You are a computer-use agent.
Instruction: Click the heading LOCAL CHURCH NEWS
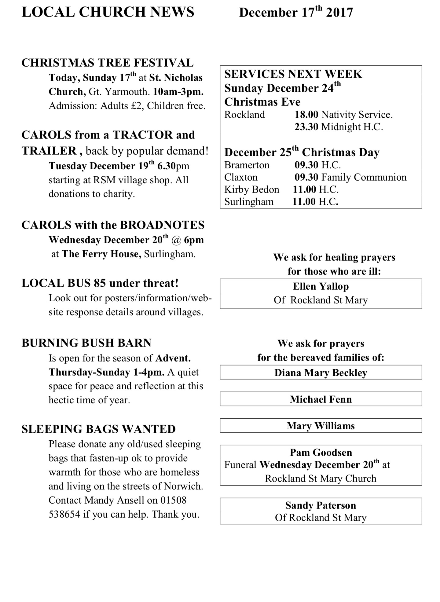pos(108,12)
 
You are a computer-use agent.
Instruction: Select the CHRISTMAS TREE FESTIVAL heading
pos(108,63)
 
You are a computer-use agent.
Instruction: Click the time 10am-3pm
pos(178,92)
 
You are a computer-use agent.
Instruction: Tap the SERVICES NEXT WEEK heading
pos(293,74)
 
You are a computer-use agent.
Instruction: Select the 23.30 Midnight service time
pos(306,127)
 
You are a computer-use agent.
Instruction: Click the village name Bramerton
pos(247,165)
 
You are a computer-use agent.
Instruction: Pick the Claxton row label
pos(241,177)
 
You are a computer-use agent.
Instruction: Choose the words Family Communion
pos(364,177)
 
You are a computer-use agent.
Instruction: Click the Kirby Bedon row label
pos(251,189)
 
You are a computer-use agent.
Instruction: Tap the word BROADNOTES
pos(162,225)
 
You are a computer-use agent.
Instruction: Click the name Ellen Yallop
pos(321,286)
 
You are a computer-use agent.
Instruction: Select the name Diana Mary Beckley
pos(321,373)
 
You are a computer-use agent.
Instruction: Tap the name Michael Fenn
pos(321,399)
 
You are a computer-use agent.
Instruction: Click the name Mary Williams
pos(321,426)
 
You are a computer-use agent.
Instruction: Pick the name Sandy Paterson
pos(321,505)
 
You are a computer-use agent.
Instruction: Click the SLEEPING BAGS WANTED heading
pos(98,429)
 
